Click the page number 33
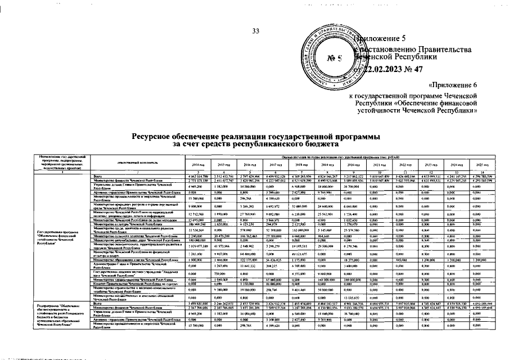255,30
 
